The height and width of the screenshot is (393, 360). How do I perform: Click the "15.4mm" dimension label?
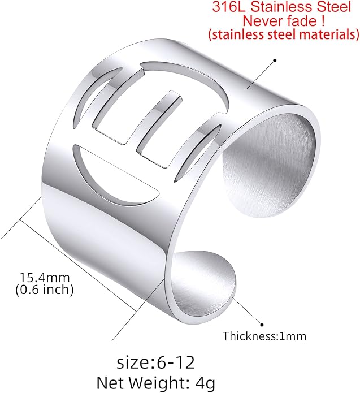pos(44,278)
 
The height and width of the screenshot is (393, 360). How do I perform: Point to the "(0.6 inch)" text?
pos(45,290)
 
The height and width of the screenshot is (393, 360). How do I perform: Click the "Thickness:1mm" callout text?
pos(264,336)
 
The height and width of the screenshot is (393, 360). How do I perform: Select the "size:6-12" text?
pos(155,362)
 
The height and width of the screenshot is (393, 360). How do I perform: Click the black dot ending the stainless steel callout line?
pos(275,60)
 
